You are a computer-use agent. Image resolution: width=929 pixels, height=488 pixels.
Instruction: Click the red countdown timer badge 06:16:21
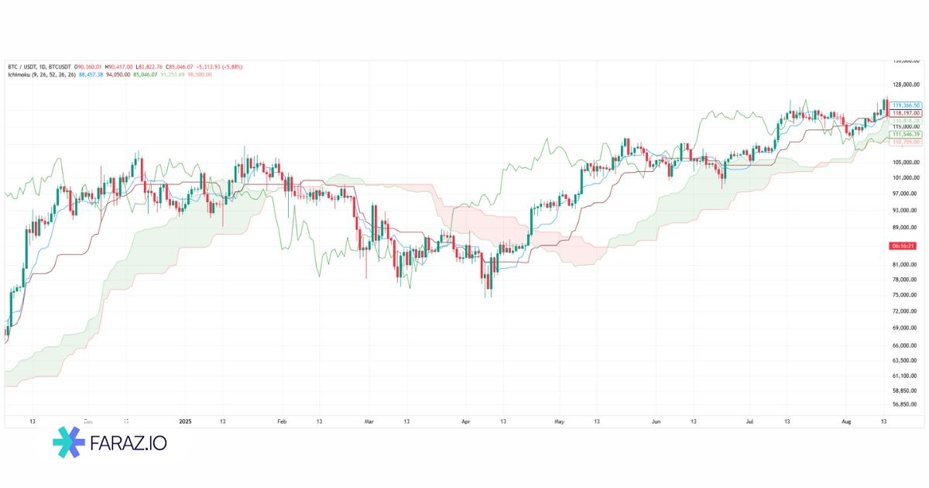click(x=904, y=246)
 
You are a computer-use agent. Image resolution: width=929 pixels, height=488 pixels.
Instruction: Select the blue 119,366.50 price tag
click(x=906, y=105)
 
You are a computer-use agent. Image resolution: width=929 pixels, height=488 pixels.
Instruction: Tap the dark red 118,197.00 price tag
click(x=906, y=113)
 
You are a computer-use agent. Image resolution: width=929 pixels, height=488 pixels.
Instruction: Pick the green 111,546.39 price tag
click(x=906, y=135)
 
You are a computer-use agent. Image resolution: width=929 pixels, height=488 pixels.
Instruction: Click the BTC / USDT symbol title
click(x=23, y=67)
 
